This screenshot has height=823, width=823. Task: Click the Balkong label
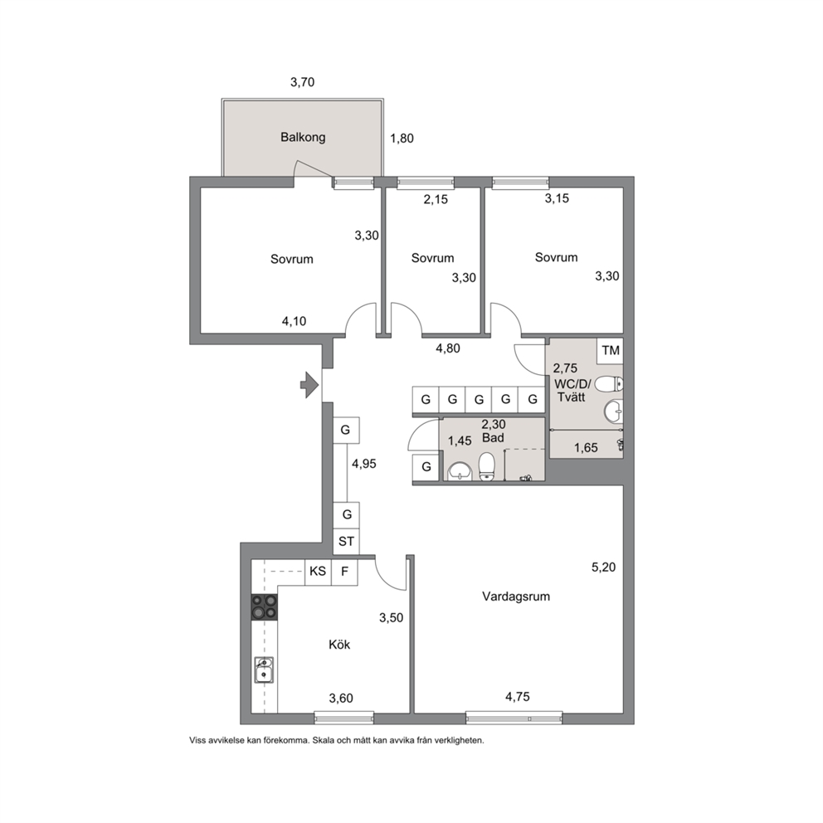[303, 138]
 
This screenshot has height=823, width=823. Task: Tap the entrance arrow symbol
[309, 385]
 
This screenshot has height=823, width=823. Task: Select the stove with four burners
[265, 606]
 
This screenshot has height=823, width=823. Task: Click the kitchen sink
[264, 670]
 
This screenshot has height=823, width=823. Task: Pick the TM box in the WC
[610, 350]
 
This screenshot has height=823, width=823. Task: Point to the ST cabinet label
[346, 541]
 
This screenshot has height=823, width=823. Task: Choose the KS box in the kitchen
[318, 572]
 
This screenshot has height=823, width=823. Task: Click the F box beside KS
[345, 572]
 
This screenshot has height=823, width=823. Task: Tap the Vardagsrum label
[516, 597]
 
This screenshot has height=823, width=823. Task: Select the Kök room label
[339, 644]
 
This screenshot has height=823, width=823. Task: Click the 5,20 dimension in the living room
[604, 567]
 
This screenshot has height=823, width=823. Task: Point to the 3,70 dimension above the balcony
[302, 82]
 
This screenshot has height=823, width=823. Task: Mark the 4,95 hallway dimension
[364, 464]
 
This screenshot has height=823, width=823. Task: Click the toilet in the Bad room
[487, 467]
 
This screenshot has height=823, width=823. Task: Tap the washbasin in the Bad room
[460, 471]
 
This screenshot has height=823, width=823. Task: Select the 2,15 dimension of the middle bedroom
[436, 199]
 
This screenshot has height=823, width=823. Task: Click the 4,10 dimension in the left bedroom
[294, 321]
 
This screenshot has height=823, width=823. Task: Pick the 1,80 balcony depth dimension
[402, 139]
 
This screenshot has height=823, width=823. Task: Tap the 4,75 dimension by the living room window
[518, 697]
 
